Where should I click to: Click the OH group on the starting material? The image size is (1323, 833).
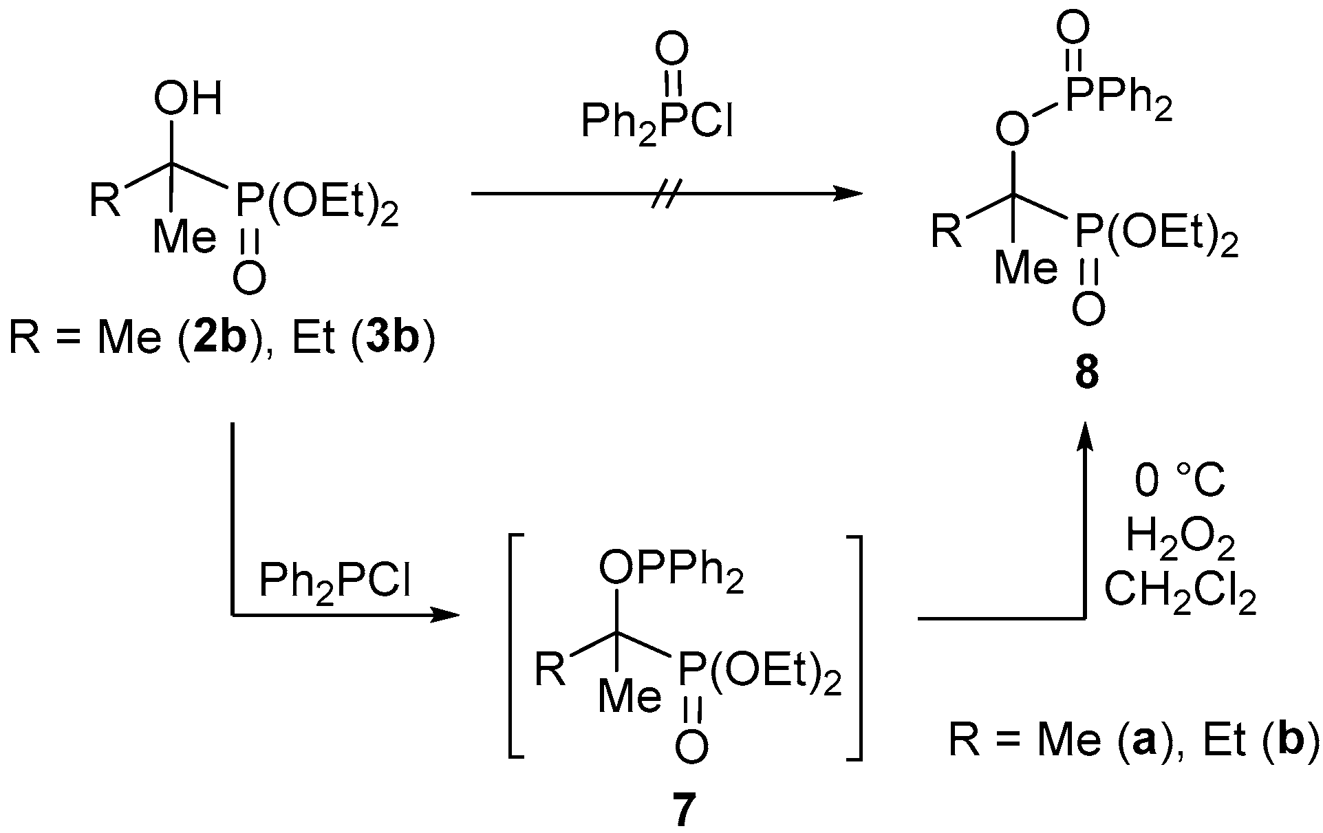pyautogui.click(x=188, y=100)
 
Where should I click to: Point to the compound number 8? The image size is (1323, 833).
pyautogui.click(x=1088, y=374)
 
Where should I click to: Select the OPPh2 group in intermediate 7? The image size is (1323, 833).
pyautogui.click(x=671, y=572)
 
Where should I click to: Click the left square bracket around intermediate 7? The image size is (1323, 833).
pyautogui.click(x=517, y=647)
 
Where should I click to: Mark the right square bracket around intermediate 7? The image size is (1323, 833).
pyautogui.click(x=854, y=647)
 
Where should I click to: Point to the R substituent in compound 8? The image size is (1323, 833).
pyautogui.click(x=947, y=232)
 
